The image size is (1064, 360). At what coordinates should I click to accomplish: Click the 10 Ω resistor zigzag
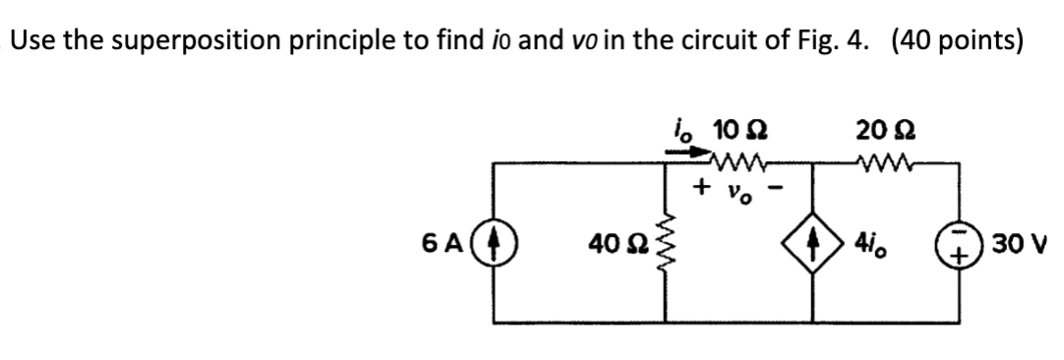[733, 160]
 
